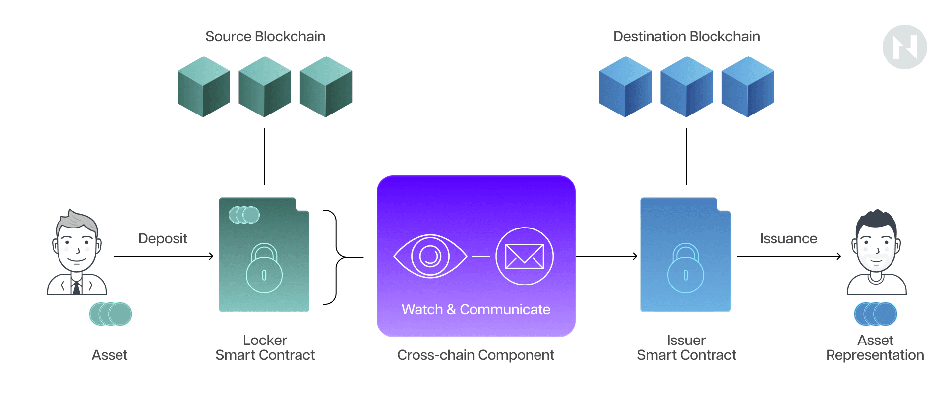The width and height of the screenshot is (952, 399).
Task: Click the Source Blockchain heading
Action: click(265, 37)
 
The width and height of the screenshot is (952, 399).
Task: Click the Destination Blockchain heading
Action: click(686, 37)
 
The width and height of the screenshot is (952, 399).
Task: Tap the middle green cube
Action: click(264, 87)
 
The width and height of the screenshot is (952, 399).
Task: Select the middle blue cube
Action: click(686, 87)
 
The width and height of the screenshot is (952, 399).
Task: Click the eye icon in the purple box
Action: click(430, 256)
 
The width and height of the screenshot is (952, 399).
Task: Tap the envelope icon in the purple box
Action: click(524, 256)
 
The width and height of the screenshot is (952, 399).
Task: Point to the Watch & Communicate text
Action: click(476, 309)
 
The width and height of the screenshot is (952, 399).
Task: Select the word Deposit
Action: click(163, 239)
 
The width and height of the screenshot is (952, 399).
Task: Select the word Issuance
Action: click(788, 239)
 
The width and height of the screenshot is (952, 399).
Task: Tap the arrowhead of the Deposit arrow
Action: click(211, 256)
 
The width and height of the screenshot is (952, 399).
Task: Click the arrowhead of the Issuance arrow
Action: click(839, 256)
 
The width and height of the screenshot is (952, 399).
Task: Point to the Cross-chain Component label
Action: click(476, 355)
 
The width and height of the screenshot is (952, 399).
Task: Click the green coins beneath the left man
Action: click(111, 314)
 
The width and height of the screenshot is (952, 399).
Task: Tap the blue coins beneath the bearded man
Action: click(876, 314)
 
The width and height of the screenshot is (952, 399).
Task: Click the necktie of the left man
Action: click(77, 287)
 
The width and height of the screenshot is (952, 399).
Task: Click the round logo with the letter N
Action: click(904, 47)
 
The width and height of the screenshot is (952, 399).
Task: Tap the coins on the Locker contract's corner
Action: click(244, 215)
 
